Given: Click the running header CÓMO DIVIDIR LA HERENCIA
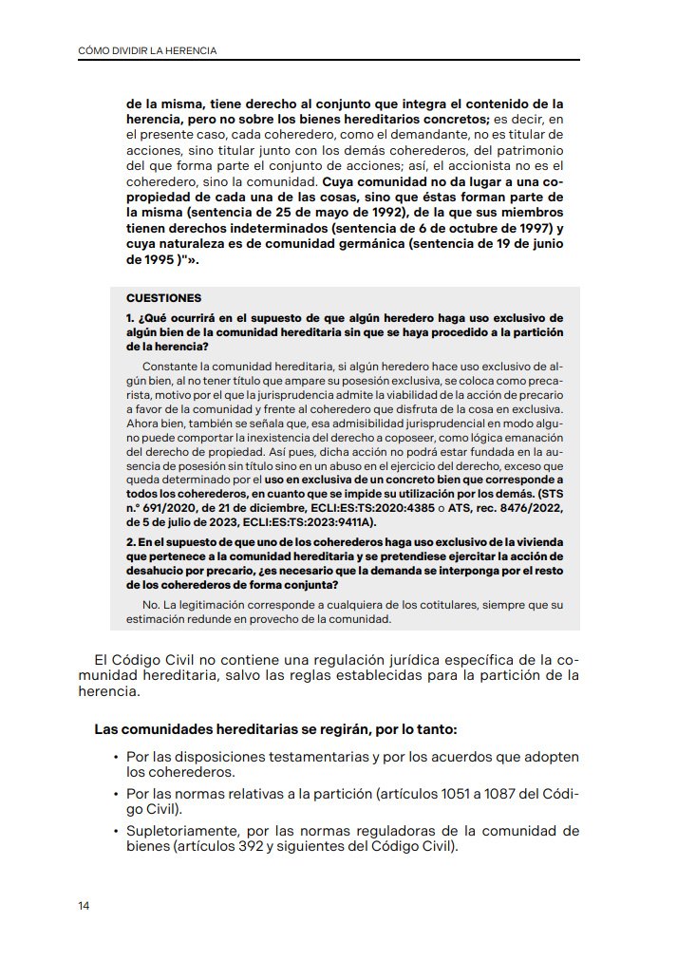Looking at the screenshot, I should click(146, 50).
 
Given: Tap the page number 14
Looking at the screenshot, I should click(85, 905).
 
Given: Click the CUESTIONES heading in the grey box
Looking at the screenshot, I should click(163, 297).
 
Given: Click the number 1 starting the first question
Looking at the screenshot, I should click(129, 316).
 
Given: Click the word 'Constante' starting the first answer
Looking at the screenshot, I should click(170, 365).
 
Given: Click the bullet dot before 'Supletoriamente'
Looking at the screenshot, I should click(115, 831).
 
